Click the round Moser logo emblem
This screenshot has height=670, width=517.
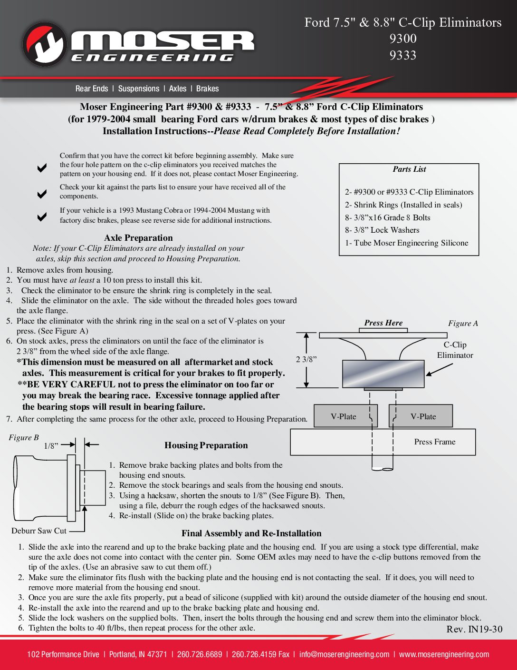point(44,44)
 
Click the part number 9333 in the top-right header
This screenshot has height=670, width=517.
point(402,56)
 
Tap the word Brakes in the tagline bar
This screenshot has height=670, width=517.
point(207,89)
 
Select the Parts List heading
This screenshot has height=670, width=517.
point(409,169)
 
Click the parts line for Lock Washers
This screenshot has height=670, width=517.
point(382,230)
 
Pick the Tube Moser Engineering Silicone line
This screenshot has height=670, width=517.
point(406,243)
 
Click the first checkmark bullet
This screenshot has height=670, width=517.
point(42,167)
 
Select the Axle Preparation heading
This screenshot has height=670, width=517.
point(138,238)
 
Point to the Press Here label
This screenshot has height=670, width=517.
point(383,323)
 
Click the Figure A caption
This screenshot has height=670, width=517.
point(463,324)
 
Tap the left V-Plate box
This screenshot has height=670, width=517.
point(345,416)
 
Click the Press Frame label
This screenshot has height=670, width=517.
point(434,442)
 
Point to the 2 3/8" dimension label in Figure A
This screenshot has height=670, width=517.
point(306,359)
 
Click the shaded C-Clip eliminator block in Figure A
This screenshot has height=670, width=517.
point(383,374)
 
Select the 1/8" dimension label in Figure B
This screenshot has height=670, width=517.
point(51,446)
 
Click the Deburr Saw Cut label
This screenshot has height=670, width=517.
point(39,531)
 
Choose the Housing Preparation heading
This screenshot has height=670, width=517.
point(206,445)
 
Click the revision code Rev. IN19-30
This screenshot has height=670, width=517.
point(474,630)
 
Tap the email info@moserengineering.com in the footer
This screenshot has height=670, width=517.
point(344,654)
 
